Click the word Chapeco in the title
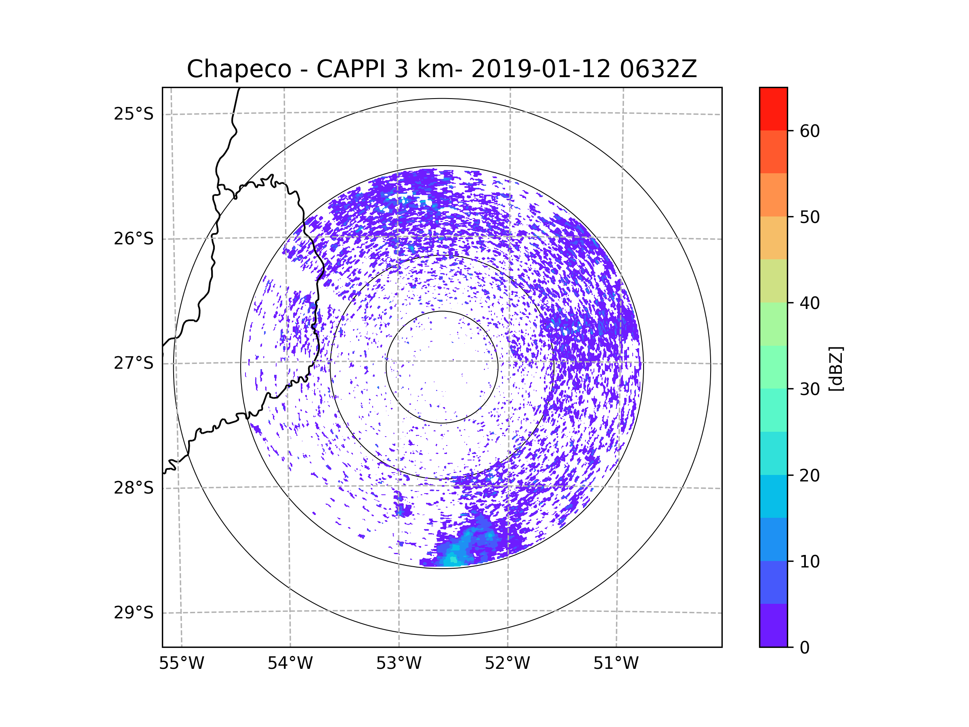tap(239, 69)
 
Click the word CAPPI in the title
tap(351, 69)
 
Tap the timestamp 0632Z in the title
tap(658, 69)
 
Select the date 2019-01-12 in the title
tap(541, 69)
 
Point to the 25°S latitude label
tap(134, 114)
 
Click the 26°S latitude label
tap(134, 239)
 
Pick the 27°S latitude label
tap(134, 363)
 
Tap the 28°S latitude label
tap(134, 488)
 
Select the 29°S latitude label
tap(134, 613)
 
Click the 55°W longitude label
tap(181, 664)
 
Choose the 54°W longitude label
tap(290, 664)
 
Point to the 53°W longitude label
tap(399, 664)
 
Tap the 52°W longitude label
tap(507, 664)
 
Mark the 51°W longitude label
tap(616, 664)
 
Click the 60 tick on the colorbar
tap(810, 131)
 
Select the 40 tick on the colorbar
tap(810, 303)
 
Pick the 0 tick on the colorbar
tap(805, 647)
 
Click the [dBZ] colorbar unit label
tap(836, 368)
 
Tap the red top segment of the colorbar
tap(773, 109)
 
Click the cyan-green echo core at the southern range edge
tap(453, 560)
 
